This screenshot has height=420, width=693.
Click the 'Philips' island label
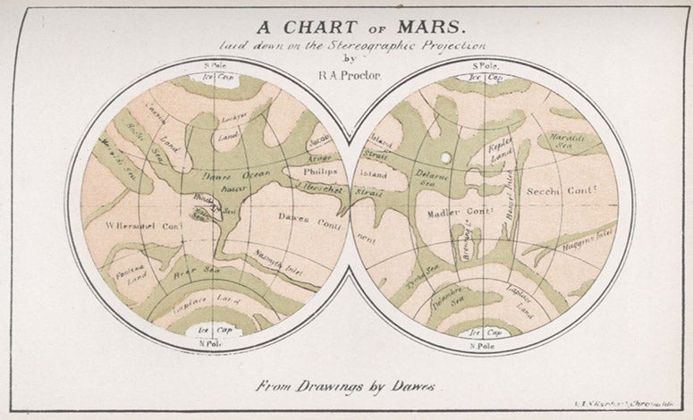(x=320, y=170)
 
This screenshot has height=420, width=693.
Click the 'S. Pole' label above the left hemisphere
(x=215, y=66)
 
